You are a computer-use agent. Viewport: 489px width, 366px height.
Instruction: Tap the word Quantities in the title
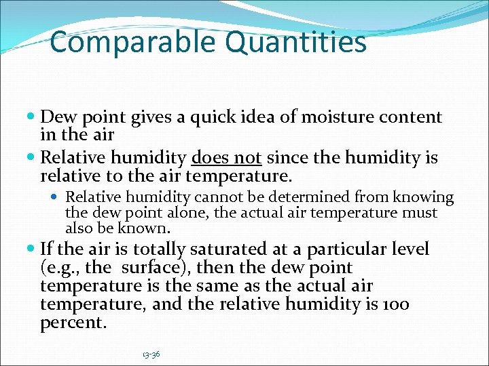tap(294, 42)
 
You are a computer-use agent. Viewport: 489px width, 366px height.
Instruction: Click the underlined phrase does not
tap(227, 159)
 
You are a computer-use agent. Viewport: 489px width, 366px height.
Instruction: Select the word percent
tap(73, 323)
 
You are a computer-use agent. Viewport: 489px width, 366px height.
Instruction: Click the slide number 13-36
tap(151, 354)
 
